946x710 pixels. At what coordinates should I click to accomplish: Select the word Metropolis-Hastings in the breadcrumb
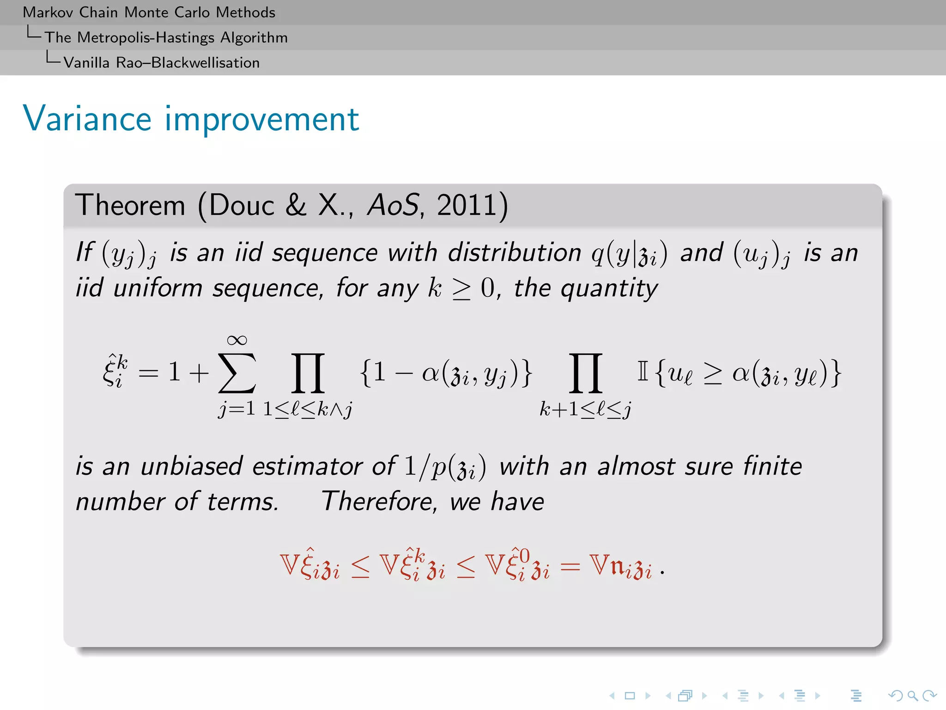point(146,37)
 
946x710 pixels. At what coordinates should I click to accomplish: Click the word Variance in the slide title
point(87,119)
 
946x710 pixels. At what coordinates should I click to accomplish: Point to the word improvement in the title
point(262,119)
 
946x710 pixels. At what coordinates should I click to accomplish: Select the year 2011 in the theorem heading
point(467,205)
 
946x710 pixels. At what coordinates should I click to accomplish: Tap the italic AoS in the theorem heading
point(393,205)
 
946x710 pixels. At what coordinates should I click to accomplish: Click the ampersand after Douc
point(296,205)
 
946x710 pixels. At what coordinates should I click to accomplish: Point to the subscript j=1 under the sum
point(237,409)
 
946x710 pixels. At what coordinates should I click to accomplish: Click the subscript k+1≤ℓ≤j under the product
point(585,409)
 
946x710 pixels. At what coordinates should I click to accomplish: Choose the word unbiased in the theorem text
point(191,466)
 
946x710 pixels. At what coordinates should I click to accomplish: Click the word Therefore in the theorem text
point(378,502)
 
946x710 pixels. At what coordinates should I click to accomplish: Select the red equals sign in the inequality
point(570,567)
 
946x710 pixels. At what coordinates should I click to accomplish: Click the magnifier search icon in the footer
point(912,695)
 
